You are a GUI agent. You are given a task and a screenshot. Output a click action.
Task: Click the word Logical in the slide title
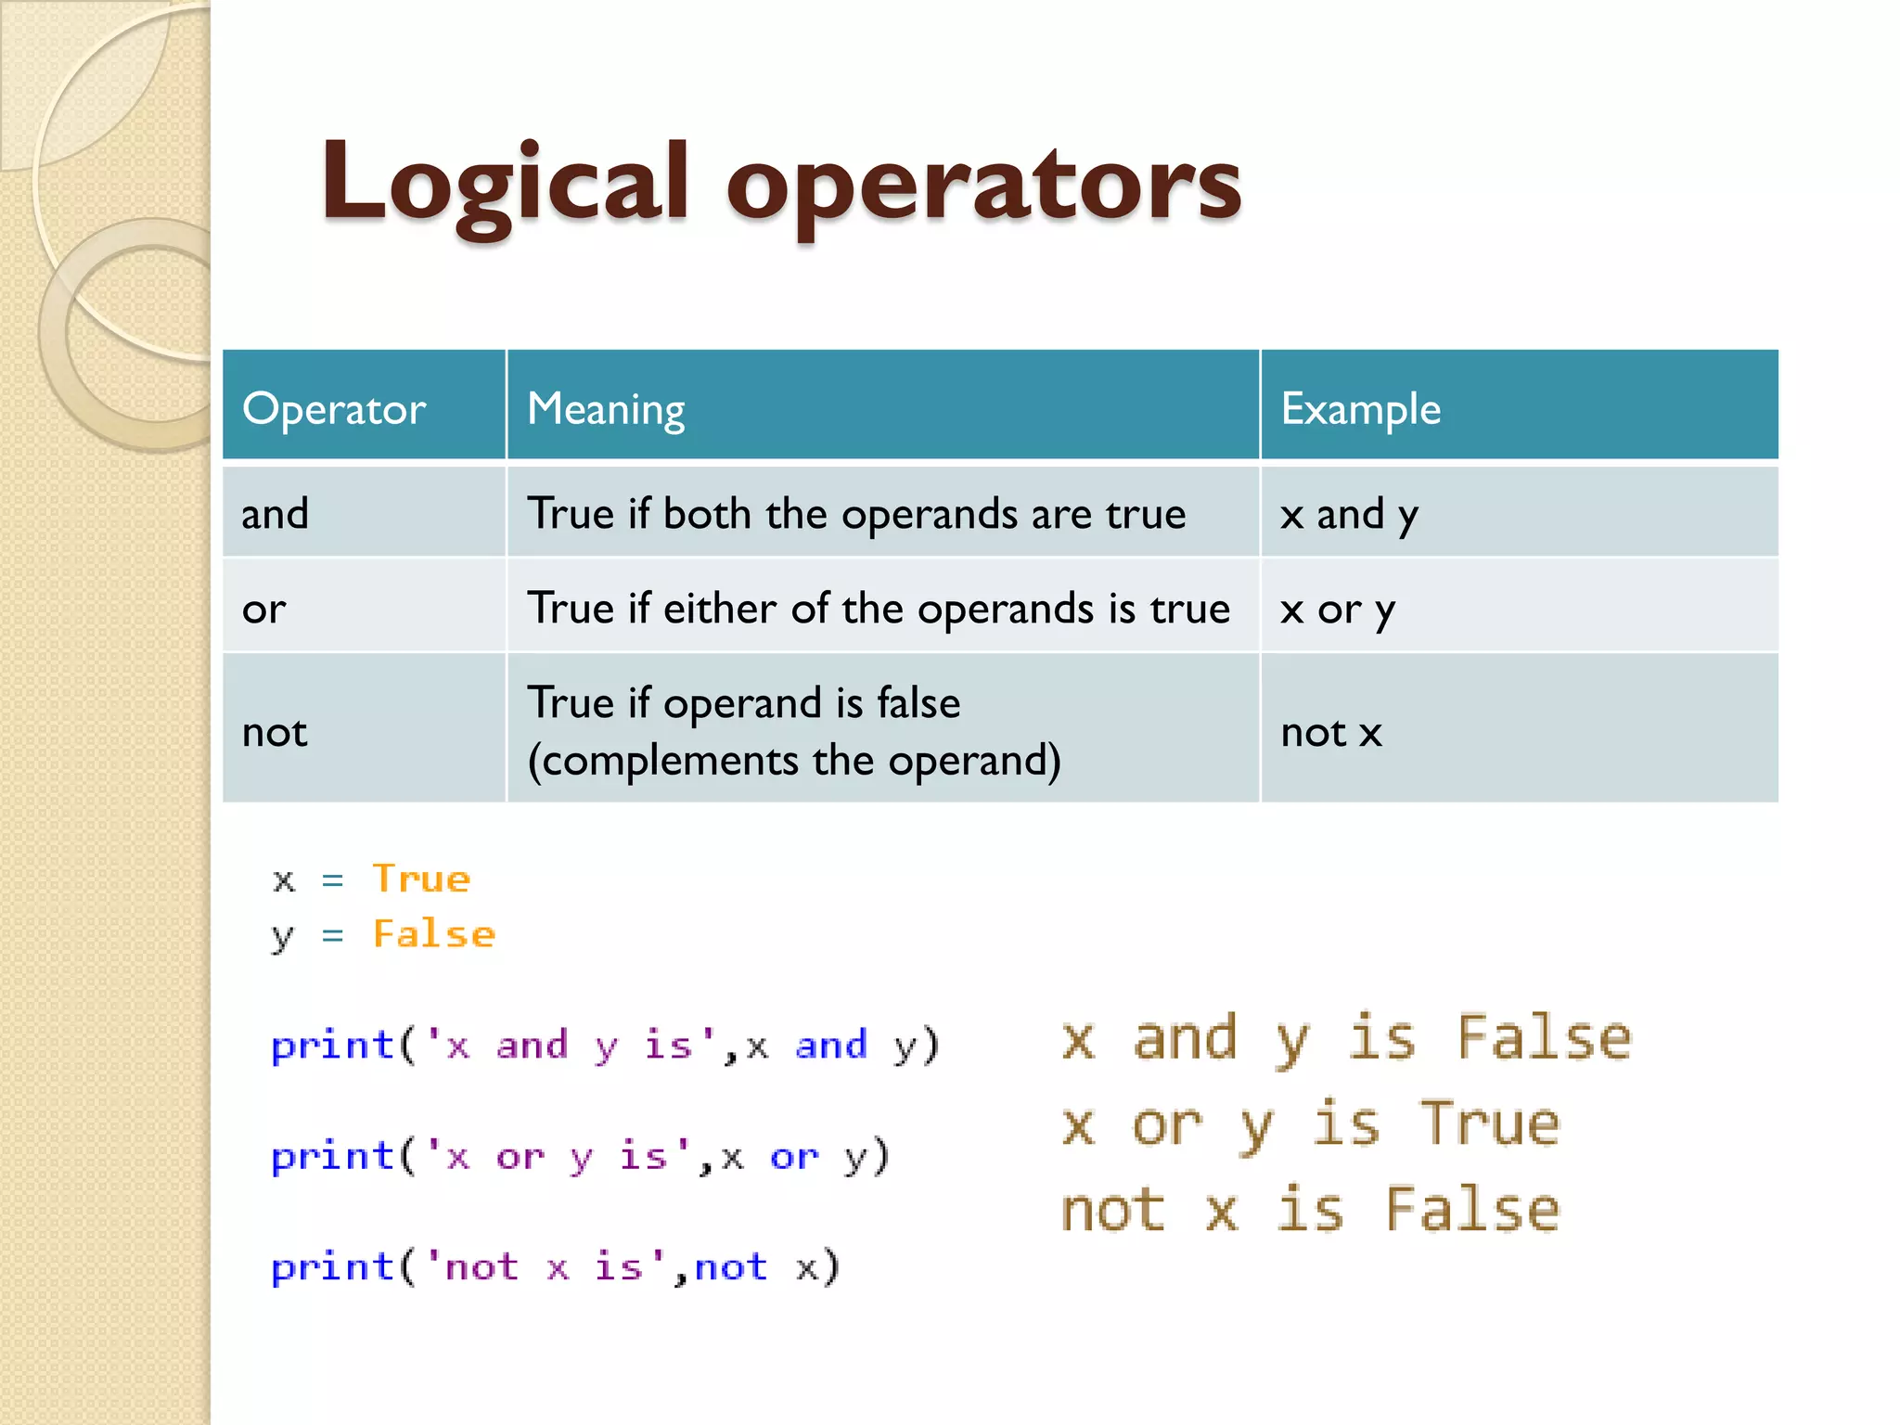(506, 184)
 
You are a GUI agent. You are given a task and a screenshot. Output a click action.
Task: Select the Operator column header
(334, 409)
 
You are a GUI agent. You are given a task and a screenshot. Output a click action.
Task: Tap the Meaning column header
(606, 409)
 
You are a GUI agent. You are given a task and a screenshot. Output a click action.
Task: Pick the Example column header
(1360, 409)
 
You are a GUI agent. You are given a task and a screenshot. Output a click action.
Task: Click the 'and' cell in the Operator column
(275, 514)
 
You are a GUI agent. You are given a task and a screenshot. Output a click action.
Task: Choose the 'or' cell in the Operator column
(264, 609)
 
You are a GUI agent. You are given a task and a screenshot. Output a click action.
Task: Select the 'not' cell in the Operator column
(275, 732)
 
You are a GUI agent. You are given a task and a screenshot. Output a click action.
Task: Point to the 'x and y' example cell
(1349, 514)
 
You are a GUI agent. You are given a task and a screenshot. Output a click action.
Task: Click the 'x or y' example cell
(1337, 610)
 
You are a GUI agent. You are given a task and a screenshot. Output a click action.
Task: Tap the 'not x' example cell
(1331, 732)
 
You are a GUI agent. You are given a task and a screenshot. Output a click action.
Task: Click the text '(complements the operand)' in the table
(794, 761)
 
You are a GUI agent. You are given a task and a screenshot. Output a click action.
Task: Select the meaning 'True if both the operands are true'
(856, 514)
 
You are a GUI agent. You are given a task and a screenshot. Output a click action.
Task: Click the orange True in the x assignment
(422, 879)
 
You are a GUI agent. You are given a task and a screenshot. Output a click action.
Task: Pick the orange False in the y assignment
(434, 934)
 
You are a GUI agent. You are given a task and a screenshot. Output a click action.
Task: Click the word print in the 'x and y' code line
(333, 1046)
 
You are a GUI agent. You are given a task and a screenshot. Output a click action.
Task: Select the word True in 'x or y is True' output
(1490, 1123)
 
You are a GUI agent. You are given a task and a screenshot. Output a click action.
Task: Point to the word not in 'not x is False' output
(1113, 1211)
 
